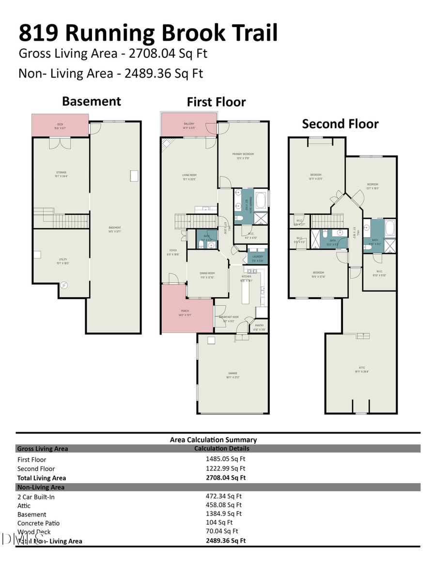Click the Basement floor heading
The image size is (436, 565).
(92, 101)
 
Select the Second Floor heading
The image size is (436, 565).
(340, 124)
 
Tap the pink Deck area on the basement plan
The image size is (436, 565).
(60, 125)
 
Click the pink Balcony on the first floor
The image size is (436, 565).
(189, 125)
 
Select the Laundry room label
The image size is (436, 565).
(257, 256)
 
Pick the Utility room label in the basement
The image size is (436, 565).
(61, 261)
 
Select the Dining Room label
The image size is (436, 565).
(207, 275)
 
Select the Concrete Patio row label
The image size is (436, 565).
(39, 523)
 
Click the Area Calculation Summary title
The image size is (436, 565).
(213, 440)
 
